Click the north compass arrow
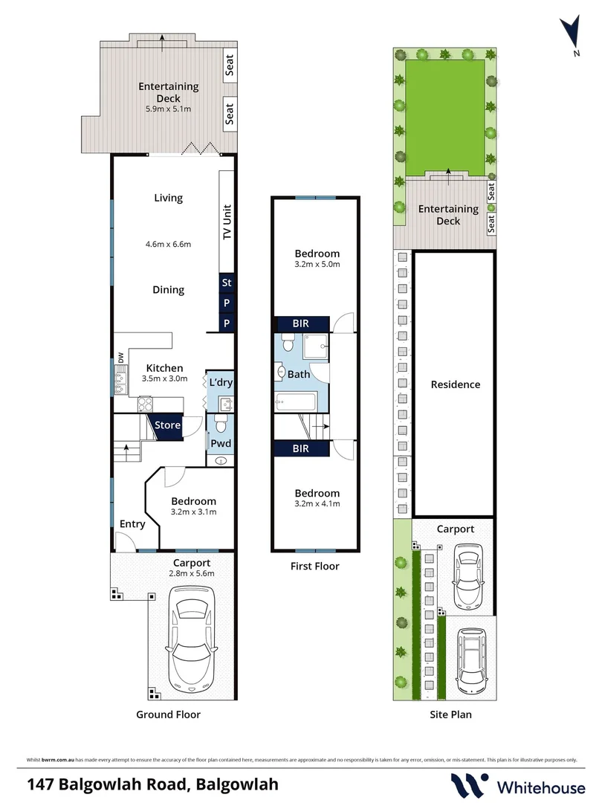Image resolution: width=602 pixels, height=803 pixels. coord(571,33)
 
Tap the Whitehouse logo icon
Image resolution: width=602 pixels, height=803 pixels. coord(470,785)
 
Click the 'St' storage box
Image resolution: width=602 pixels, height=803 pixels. coord(227,283)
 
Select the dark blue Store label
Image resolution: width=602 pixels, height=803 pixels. coord(167,425)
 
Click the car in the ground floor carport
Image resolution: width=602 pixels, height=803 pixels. coord(192,639)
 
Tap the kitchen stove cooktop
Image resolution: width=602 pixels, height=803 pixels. coord(145,404)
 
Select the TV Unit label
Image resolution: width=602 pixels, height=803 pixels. coord(227,221)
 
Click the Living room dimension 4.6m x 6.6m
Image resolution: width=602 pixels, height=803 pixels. coord(168,244)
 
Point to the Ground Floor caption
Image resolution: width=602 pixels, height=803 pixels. coord(168,715)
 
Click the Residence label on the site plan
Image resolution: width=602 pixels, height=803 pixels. coord(455,384)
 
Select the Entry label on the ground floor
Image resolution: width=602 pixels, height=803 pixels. coord(132,524)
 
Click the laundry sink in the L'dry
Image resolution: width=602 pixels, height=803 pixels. coord(225,404)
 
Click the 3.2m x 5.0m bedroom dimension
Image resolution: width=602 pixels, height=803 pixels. coord(317,264)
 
